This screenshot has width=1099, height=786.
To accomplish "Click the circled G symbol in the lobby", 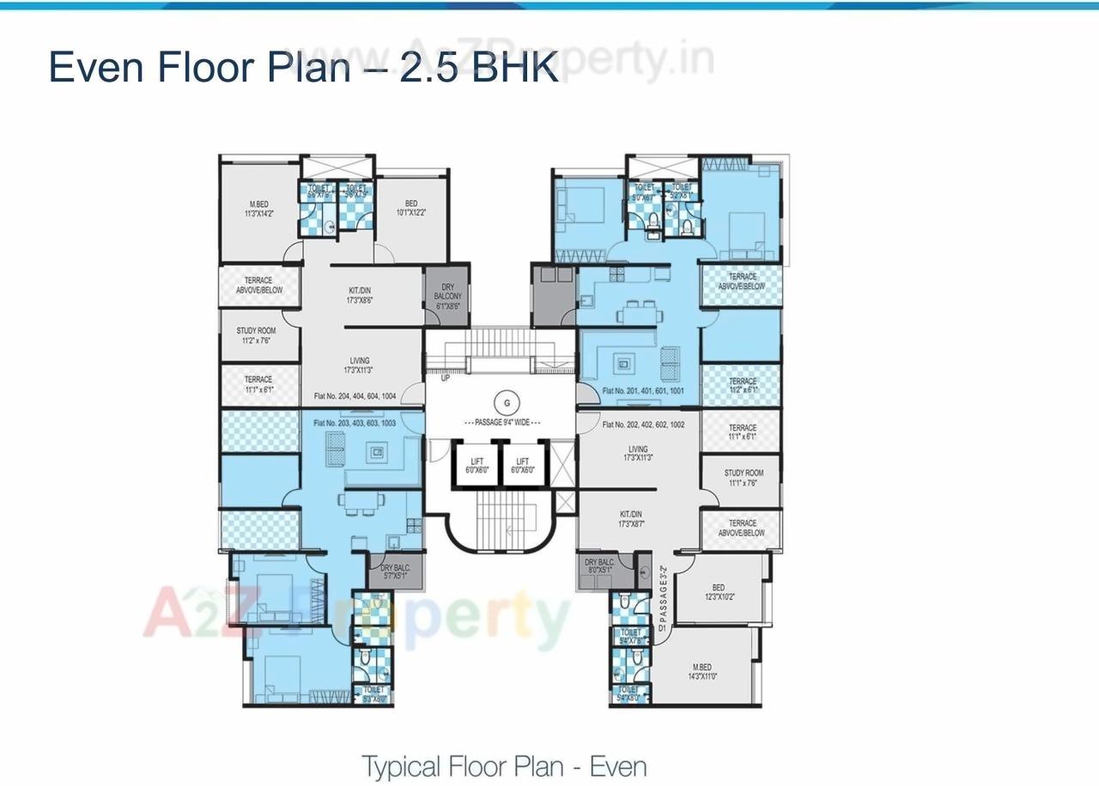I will click(507, 402).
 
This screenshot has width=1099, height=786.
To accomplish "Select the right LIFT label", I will click(522, 465).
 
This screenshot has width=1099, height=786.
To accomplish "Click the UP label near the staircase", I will click(445, 378).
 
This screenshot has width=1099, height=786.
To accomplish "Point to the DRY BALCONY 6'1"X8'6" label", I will click(447, 295).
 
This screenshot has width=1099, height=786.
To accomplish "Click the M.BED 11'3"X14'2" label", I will click(258, 209).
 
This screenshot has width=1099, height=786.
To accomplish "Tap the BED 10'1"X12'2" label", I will click(411, 208).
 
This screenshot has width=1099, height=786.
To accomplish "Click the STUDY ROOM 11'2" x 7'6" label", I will click(256, 336).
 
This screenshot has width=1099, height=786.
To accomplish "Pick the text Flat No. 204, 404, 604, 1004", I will click(355, 396).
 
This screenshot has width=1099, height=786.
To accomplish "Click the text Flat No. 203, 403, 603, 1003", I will click(355, 423).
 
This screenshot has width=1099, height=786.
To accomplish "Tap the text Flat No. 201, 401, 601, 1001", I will click(643, 391).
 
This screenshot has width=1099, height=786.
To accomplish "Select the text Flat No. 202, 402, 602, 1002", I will click(643, 425).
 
